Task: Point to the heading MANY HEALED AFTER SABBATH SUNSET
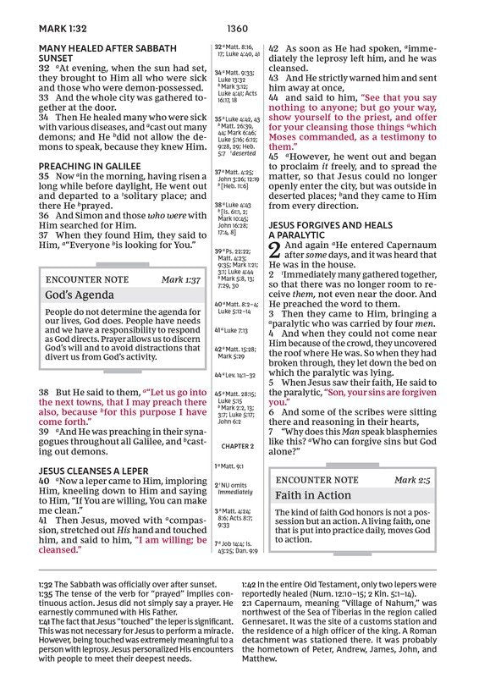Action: tap(107, 54)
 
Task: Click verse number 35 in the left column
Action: tap(44, 176)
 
